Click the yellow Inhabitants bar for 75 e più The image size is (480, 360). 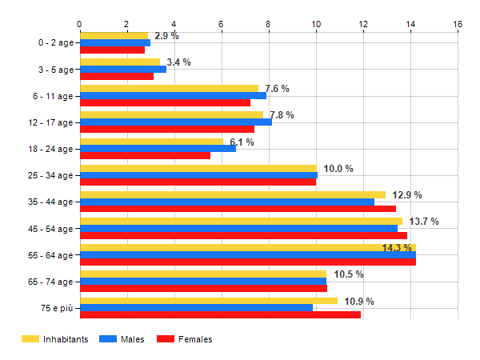pos(208,301)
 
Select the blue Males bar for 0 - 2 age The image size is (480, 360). pos(114,42)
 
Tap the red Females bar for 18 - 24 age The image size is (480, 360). pos(145,155)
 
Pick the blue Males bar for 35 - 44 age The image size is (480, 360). pos(226,202)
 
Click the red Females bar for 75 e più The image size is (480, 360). pos(220,314)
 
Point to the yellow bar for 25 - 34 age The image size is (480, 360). pos(198,168)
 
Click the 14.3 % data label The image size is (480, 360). pos(398,248)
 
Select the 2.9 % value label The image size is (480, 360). pos(166,36)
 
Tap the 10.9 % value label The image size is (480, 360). pos(359,302)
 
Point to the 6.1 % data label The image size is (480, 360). pos(242,142)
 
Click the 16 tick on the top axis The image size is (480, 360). pos(458,24)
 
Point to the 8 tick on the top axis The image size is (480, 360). pos(269,24)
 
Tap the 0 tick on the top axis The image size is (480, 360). pos(79,24)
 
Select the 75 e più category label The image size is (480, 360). pos(55,308)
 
